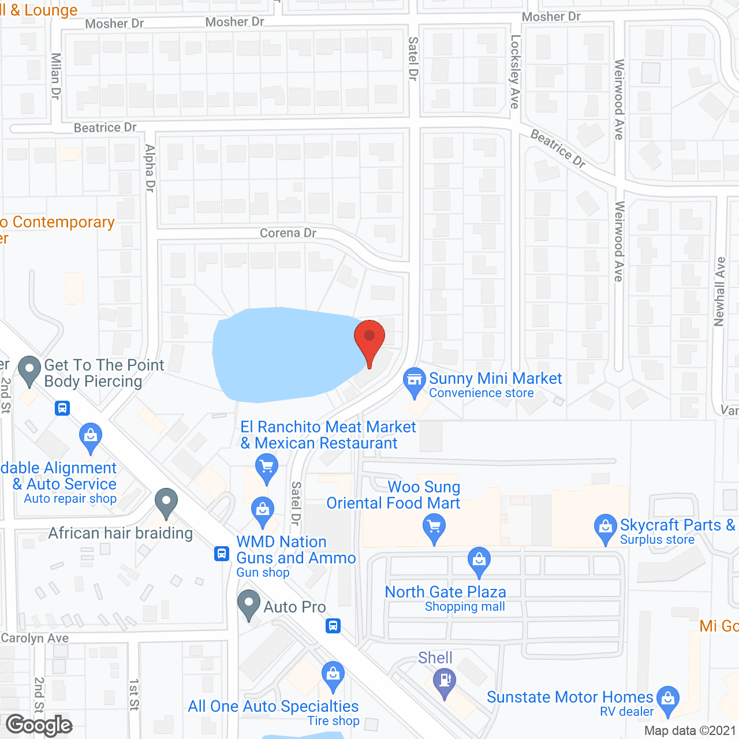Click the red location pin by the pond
point(369,338)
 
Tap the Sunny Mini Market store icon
point(414,380)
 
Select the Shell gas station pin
point(445,681)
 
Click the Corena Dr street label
point(288,233)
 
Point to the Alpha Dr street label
point(150,168)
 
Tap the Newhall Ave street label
point(719,292)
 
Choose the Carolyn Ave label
point(35,638)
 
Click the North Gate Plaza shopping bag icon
point(479,559)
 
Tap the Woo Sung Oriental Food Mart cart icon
point(434,527)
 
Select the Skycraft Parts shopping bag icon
point(605,527)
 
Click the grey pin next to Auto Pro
point(249,603)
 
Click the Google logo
point(39,725)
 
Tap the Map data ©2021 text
point(690,730)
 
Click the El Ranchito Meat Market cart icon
point(266,466)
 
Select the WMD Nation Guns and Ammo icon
point(263,510)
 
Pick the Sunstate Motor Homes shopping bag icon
point(668,699)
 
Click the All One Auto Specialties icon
point(333,674)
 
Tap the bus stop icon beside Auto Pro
point(333,626)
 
